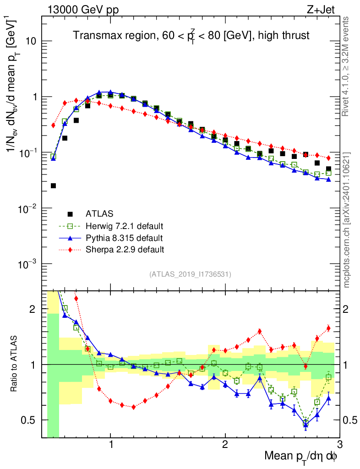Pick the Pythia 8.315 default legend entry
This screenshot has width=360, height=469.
pyautogui.click(x=124, y=238)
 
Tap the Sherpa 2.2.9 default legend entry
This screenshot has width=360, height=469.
pyautogui.click(x=125, y=250)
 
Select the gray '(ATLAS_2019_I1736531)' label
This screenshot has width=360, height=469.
pyautogui.click(x=190, y=274)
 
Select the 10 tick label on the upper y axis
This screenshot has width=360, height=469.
pyautogui.click(x=31, y=41)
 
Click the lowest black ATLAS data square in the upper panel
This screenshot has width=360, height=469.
pyautogui.click(x=53, y=185)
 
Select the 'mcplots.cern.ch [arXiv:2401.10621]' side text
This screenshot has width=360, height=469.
pyautogui.click(x=346, y=220)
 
